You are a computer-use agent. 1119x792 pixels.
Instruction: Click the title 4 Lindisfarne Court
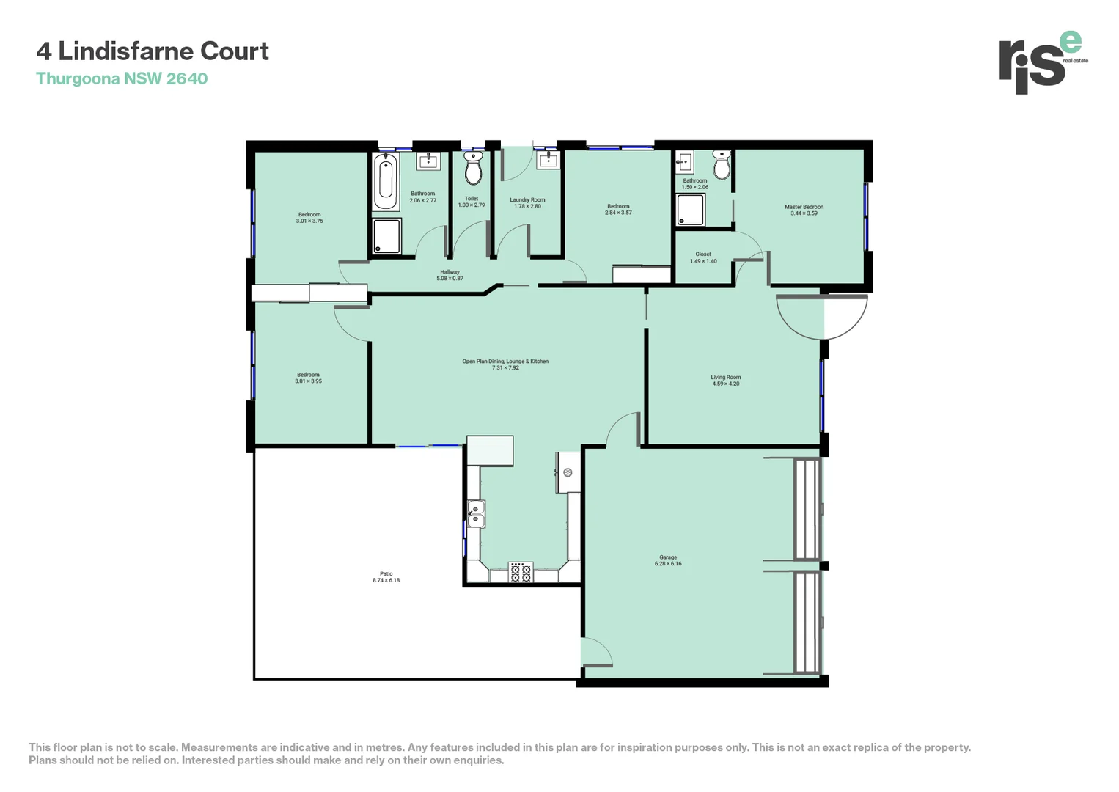[153, 51]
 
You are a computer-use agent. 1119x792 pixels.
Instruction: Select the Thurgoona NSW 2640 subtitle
[122, 78]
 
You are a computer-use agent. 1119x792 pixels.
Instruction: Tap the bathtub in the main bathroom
[386, 180]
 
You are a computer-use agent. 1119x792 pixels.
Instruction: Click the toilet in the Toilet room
[473, 169]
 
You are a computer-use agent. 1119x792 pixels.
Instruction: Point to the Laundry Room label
[527, 199]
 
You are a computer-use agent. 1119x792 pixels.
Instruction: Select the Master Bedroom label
[804, 207]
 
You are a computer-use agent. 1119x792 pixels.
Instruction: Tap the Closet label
[703, 254]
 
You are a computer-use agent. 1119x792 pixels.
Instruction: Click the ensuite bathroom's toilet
[722, 166]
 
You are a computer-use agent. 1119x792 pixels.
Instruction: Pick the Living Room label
[725, 377]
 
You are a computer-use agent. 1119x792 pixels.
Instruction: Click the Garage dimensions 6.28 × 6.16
[668, 564]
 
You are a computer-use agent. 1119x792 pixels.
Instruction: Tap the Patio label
[386, 573]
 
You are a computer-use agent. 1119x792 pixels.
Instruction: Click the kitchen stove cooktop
[521, 572]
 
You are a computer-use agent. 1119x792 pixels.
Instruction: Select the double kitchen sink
[476, 513]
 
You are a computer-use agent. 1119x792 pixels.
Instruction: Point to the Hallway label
[450, 272]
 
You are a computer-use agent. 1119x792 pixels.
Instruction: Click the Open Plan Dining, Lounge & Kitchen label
[505, 361]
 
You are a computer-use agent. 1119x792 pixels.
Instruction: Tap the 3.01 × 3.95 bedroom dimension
[308, 381]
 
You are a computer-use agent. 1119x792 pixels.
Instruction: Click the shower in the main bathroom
[386, 236]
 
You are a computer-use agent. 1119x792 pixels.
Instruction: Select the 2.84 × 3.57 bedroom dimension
[618, 213]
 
